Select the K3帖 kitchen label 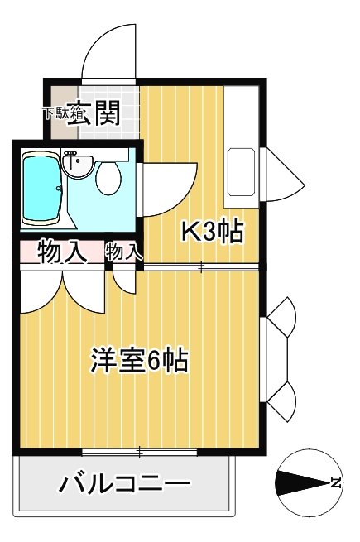pos(212,233)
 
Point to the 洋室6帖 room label pos(138,361)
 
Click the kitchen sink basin pos(241,170)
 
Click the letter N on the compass pos(335,482)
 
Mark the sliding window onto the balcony pos(141,452)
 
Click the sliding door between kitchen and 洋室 pos(203,266)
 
